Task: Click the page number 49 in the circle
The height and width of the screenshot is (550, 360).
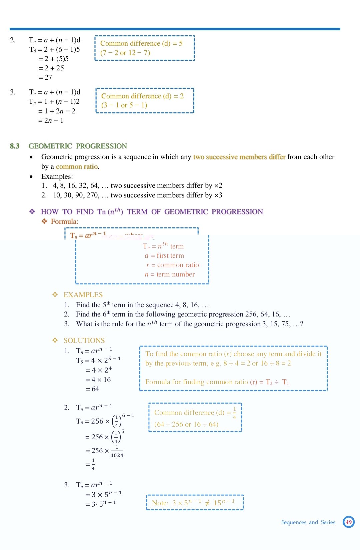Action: click(349, 522)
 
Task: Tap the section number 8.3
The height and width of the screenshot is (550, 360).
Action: click(15, 146)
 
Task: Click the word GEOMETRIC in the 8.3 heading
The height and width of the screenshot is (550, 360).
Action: click(50, 146)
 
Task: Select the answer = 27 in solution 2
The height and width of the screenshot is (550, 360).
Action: click(45, 77)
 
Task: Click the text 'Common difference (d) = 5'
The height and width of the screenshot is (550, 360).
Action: click(141, 43)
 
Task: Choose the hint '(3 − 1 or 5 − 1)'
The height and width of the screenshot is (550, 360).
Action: click(124, 105)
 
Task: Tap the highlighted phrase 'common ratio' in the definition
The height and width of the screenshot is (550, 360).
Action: click(77, 166)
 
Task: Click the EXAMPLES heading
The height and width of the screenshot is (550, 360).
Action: click(83, 295)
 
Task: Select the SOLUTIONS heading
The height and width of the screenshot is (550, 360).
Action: click(84, 341)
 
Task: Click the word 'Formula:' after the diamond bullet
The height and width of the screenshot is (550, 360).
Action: click(65, 221)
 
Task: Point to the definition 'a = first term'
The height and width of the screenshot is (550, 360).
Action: click(164, 256)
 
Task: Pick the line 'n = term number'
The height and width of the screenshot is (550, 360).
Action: click(170, 274)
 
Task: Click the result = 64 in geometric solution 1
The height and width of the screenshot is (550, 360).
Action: click(92, 389)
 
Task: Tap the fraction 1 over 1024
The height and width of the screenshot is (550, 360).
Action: click(117, 451)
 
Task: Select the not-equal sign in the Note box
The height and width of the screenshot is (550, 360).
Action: click(207, 503)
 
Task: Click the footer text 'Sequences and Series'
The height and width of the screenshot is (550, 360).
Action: click(308, 522)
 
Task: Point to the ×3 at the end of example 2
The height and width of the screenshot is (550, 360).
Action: click(218, 195)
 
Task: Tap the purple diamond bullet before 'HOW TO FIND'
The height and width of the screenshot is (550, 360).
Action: click(32, 211)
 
